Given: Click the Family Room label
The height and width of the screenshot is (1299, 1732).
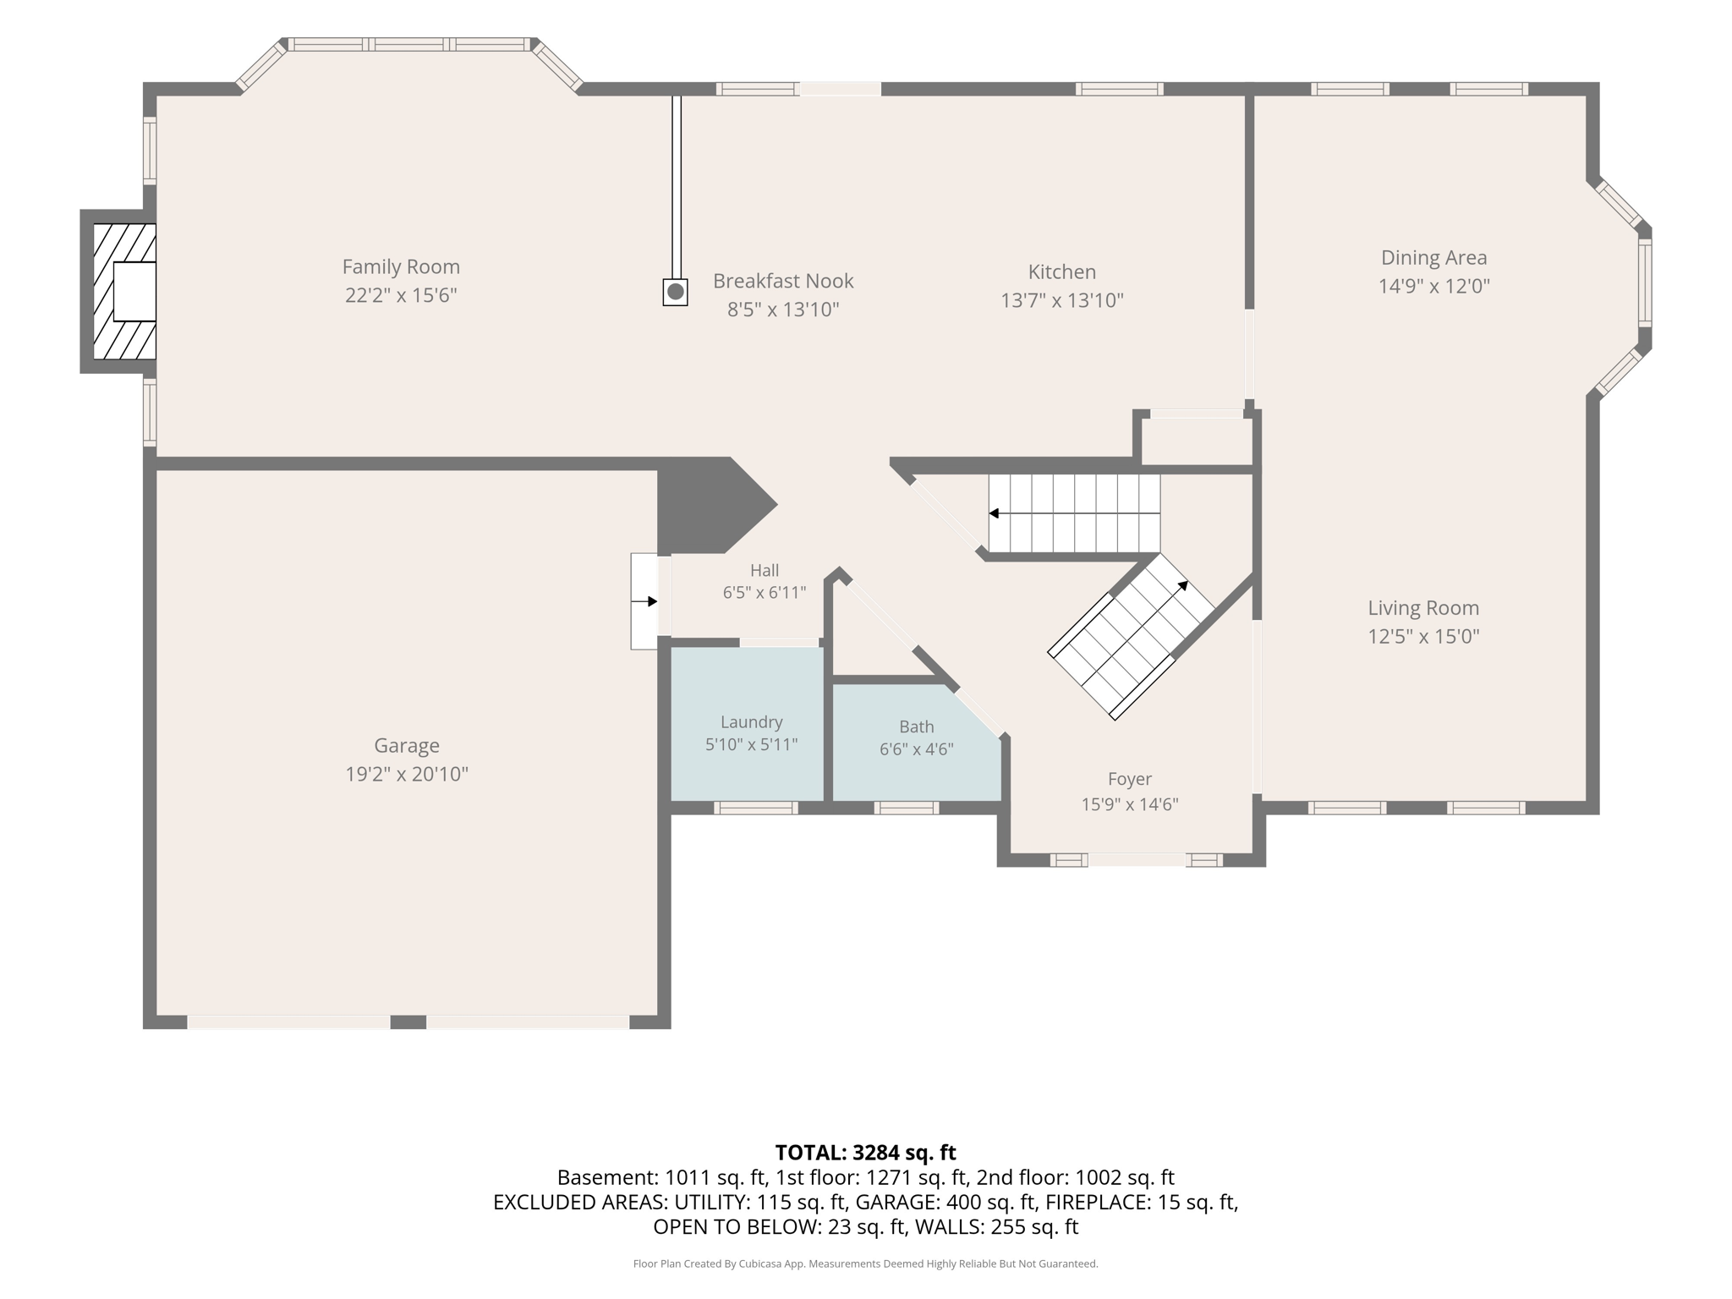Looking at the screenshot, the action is point(401,266).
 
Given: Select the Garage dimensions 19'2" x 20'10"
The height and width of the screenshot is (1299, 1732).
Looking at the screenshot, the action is point(407,774).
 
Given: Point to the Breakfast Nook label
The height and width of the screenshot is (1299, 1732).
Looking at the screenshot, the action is point(783,281).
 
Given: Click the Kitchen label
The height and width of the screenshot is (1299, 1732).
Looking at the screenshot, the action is point(1062,271).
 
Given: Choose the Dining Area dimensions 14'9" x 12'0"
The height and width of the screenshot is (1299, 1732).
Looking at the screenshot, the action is point(1434,286).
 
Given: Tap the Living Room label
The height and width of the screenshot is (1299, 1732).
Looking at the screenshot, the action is point(1423,608).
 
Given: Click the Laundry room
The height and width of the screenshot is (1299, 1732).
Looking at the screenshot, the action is point(748,724).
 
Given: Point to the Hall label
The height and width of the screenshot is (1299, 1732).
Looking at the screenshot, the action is point(765,571).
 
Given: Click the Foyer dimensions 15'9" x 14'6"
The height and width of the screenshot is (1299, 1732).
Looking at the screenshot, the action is point(1130,804).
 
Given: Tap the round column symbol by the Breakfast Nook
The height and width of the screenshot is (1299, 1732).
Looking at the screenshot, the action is point(675,293).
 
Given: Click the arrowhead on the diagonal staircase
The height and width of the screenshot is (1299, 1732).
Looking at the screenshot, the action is point(1183,585).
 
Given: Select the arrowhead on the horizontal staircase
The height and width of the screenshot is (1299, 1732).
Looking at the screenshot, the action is point(994,513).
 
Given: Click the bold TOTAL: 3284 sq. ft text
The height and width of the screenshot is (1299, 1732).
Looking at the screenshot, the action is point(866,1153).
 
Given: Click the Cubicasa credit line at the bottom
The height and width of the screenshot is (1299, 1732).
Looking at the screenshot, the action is point(866,1263).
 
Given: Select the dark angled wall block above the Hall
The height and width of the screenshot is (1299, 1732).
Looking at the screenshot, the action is point(710,506).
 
